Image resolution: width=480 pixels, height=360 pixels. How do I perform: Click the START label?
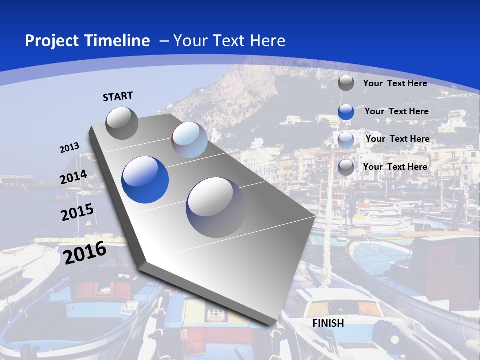(x=118, y=96)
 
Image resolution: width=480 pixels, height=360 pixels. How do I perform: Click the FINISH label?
(x=328, y=323)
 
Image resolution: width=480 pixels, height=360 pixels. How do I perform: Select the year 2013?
(x=70, y=148)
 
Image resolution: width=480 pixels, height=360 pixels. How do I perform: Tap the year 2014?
(x=74, y=177)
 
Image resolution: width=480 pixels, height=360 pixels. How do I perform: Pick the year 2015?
(x=77, y=212)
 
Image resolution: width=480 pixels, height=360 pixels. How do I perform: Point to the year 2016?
(x=85, y=252)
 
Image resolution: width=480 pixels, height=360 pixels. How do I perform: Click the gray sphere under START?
(x=122, y=123)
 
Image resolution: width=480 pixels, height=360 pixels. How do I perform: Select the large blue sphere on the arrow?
(x=145, y=180)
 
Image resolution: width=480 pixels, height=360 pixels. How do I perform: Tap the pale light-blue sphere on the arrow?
(x=189, y=140)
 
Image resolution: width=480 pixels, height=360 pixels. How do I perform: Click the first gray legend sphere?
(x=346, y=83)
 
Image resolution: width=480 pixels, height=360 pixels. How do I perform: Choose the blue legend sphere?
(x=346, y=112)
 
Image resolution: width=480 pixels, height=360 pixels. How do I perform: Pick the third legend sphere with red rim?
(x=346, y=140)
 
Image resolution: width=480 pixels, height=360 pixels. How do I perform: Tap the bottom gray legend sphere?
(x=346, y=167)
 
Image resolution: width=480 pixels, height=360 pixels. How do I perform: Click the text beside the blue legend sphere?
(x=396, y=111)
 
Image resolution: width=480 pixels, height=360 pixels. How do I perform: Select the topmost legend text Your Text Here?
(x=395, y=83)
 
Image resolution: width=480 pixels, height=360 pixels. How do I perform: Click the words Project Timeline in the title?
(x=87, y=41)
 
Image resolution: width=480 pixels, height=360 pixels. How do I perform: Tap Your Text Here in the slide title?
(x=229, y=41)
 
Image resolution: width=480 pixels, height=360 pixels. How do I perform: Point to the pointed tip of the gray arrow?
(x=277, y=324)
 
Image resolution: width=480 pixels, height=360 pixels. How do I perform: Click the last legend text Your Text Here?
(x=395, y=167)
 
